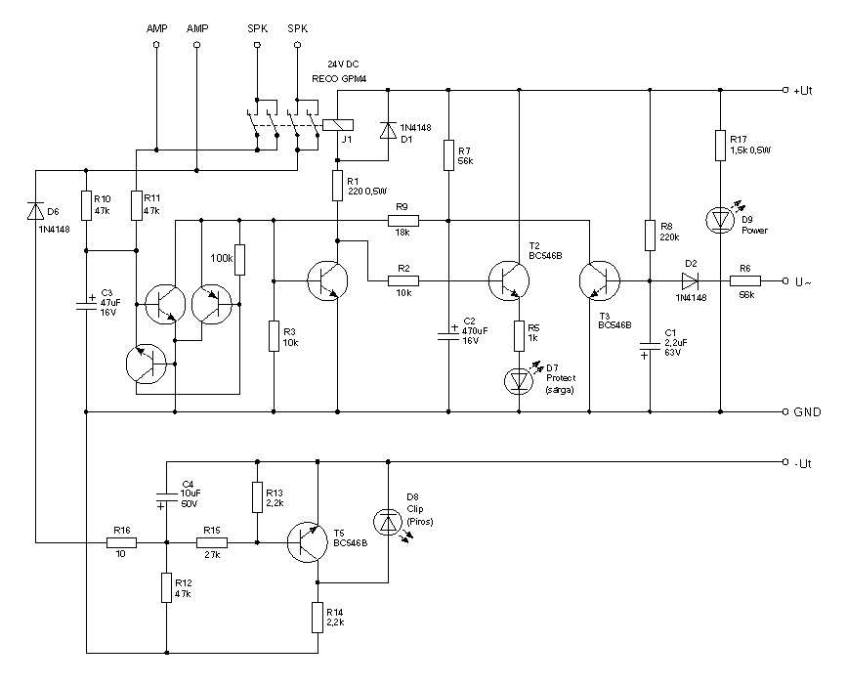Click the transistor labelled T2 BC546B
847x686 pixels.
point(509,280)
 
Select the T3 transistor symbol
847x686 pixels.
point(598,280)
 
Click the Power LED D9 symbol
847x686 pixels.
point(720,219)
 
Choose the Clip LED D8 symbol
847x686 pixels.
point(388,524)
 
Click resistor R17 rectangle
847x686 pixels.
point(720,146)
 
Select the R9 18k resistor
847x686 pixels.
point(402,220)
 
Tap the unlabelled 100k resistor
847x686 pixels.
point(238,261)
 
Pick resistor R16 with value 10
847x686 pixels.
point(121,541)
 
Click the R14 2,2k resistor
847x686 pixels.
point(318,617)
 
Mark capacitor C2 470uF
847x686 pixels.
point(448,331)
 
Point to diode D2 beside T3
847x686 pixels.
point(691,280)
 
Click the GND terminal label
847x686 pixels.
point(808,412)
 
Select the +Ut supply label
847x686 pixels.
point(805,90)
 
